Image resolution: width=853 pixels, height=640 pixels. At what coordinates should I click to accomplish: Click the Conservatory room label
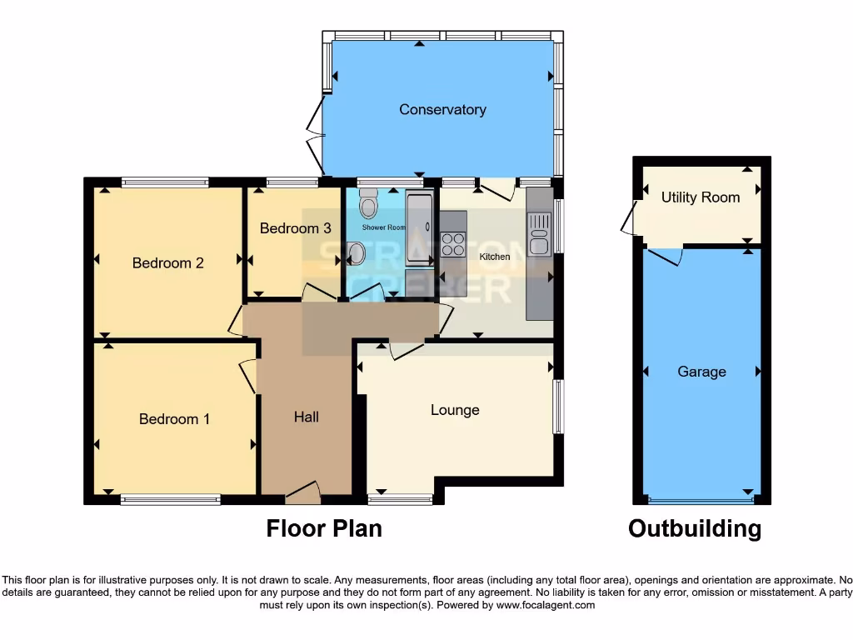pos(442,109)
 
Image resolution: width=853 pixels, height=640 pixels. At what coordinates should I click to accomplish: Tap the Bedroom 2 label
pos(167,262)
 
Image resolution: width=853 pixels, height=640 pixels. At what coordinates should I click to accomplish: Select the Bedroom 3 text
pos(295,227)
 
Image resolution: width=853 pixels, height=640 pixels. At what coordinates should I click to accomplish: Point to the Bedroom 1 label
pos(174,418)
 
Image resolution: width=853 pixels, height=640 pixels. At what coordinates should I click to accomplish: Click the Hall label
pos(306,416)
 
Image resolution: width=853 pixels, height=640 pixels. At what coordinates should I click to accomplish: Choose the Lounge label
pos(455,409)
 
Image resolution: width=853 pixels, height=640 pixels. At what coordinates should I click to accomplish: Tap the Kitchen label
pos(495,257)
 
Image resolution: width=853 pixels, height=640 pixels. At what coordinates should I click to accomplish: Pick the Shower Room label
pos(384,227)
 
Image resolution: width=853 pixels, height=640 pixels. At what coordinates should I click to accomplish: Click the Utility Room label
pos(701,197)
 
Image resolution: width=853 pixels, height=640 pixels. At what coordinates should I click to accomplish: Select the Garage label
pos(701,372)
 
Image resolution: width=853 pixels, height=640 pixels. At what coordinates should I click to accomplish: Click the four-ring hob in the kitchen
pos(453,243)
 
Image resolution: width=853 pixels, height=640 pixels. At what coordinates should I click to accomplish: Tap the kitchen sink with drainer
pos(539,234)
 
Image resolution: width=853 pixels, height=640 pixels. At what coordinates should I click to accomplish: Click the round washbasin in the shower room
pos(357,253)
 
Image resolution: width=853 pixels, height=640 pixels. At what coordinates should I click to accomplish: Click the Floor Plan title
pos(324,528)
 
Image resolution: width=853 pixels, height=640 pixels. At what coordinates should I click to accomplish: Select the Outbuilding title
pos(695,528)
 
